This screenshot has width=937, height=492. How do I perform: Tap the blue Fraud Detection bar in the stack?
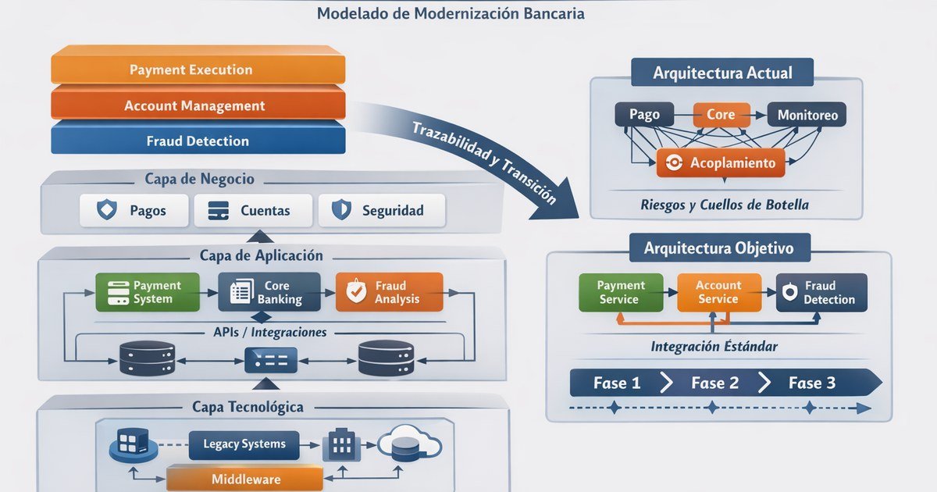198,141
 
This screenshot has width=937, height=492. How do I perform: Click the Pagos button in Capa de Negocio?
134,210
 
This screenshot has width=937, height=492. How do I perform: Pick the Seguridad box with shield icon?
379,210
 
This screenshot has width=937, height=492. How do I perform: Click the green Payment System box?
148,293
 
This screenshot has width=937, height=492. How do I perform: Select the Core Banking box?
269,293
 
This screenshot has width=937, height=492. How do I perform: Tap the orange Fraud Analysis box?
389,293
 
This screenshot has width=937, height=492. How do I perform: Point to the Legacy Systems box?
244,444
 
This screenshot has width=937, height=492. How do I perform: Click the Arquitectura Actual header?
721,73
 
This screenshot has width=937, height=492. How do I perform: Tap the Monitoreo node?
807,115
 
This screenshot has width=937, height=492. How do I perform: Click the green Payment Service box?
621,293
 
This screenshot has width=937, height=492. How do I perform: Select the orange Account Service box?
718,293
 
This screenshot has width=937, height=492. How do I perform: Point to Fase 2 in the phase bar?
714,383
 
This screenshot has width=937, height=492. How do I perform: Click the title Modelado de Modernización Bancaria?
451,13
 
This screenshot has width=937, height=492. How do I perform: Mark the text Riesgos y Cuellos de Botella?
724,205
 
